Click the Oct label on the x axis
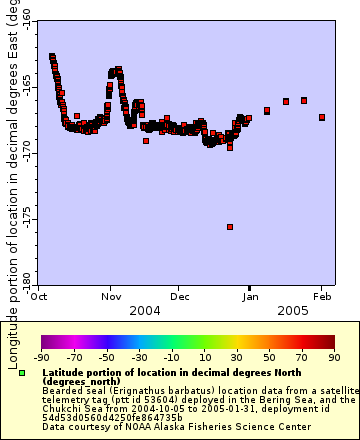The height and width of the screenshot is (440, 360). (42, 297)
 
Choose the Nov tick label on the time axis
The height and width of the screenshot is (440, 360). (111, 297)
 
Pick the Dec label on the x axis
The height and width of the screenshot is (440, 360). (180, 297)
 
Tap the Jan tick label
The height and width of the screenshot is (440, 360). (251, 297)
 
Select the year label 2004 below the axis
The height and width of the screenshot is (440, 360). (145, 311)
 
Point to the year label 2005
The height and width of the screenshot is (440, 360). (293, 311)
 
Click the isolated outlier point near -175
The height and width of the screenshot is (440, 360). (230, 227)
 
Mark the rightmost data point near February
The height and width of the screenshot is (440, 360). (322, 117)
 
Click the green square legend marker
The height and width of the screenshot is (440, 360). (22, 373)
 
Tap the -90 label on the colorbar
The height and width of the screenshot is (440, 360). (42, 356)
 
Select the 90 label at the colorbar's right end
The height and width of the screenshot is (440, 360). (333, 356)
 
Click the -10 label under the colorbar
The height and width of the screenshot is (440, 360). (171, 356)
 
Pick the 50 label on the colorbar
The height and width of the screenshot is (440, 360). (269, 356)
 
